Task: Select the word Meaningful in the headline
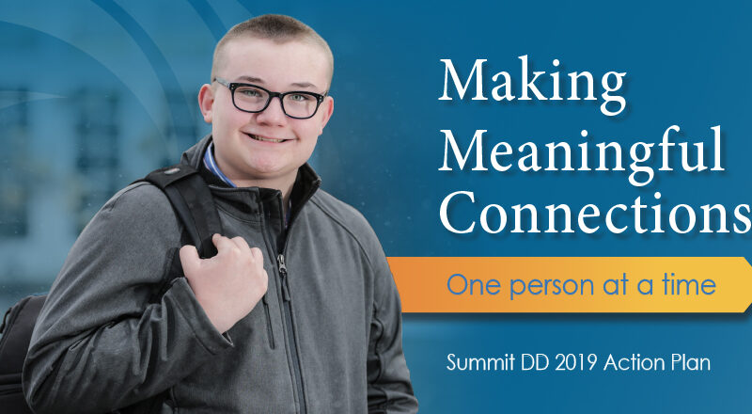point(581,151)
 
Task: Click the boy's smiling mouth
point(269,137)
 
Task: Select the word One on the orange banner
point(467,284)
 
